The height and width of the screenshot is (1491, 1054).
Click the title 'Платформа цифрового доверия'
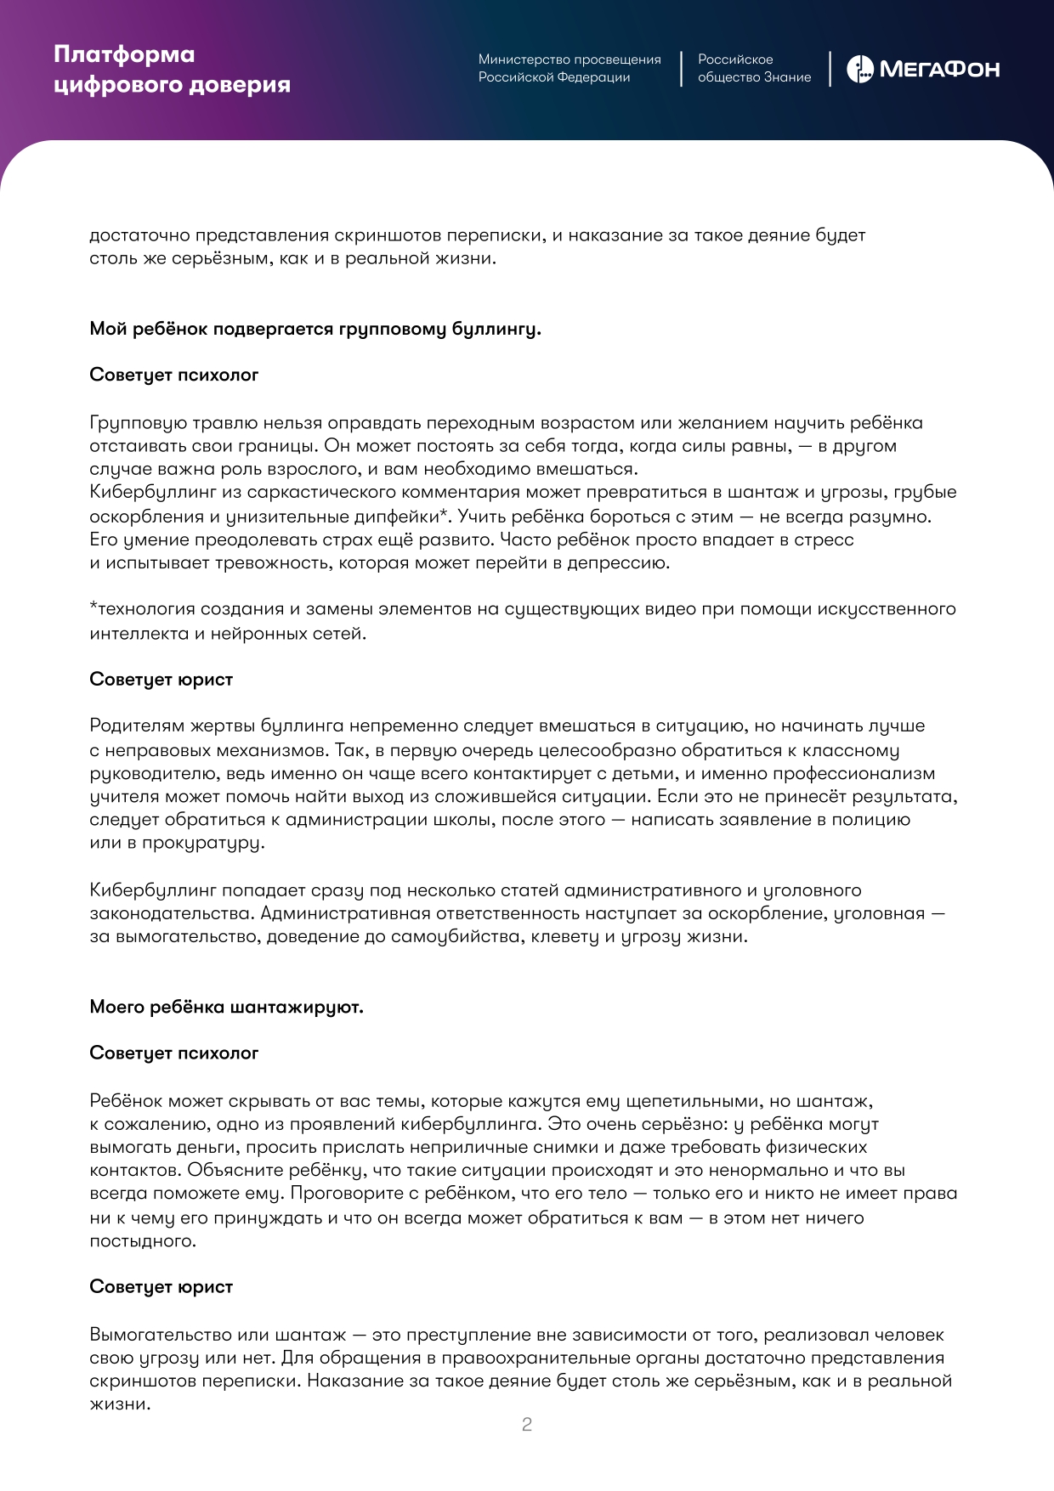[172, 70]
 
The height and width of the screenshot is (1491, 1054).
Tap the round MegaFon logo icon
[859, 69]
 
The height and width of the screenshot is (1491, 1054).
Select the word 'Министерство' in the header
[521, 59]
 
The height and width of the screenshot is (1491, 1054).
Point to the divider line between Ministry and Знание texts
[681, 69]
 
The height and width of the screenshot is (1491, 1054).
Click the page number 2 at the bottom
[527, 1425]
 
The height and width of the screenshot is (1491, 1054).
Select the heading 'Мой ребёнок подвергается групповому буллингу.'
[315, 329]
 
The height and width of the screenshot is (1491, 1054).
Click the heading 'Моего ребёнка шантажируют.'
[226, 1007]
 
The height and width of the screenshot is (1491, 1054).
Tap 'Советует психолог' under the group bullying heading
[173, 375]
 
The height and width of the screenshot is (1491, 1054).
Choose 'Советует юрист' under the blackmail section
[161, 1287]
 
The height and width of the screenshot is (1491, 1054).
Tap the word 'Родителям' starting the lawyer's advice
[137, 726]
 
